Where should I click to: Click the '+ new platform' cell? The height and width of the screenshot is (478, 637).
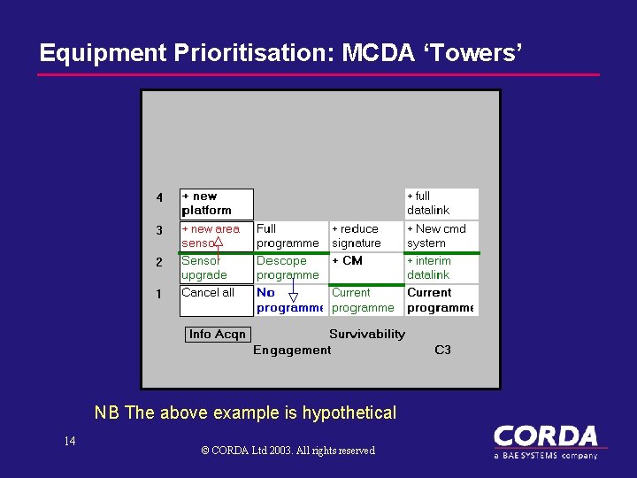[216, 204]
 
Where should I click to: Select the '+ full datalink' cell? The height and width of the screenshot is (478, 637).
[441, 204]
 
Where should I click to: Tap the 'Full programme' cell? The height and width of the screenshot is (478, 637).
[291, 235]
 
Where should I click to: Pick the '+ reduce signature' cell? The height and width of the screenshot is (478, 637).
[366, 235]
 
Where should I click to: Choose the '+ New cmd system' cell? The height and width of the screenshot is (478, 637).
[441, 235]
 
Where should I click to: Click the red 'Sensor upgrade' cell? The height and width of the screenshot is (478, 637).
[216, 268]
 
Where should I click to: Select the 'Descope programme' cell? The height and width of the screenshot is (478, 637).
[291, 268]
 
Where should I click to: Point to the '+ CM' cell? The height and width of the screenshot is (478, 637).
[366, 268]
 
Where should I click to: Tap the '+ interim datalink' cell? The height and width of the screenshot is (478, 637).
[441, 268]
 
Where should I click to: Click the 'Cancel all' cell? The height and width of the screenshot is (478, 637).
[216, 300]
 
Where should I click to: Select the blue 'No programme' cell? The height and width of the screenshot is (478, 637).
[291, 300]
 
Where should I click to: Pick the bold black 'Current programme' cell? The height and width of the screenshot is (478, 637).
[441, 300]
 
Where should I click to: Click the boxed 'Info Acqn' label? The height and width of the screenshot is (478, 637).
[218, 334]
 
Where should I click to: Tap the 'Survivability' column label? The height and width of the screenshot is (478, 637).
[366, 334]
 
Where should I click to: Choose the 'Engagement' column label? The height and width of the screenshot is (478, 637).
[292, 350]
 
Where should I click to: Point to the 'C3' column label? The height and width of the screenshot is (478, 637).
[442, 350]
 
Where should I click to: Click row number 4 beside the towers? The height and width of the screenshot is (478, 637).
[159, 197]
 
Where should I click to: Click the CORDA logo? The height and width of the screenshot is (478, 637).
[545, 441]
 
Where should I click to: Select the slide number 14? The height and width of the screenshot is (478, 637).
[70, 441]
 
